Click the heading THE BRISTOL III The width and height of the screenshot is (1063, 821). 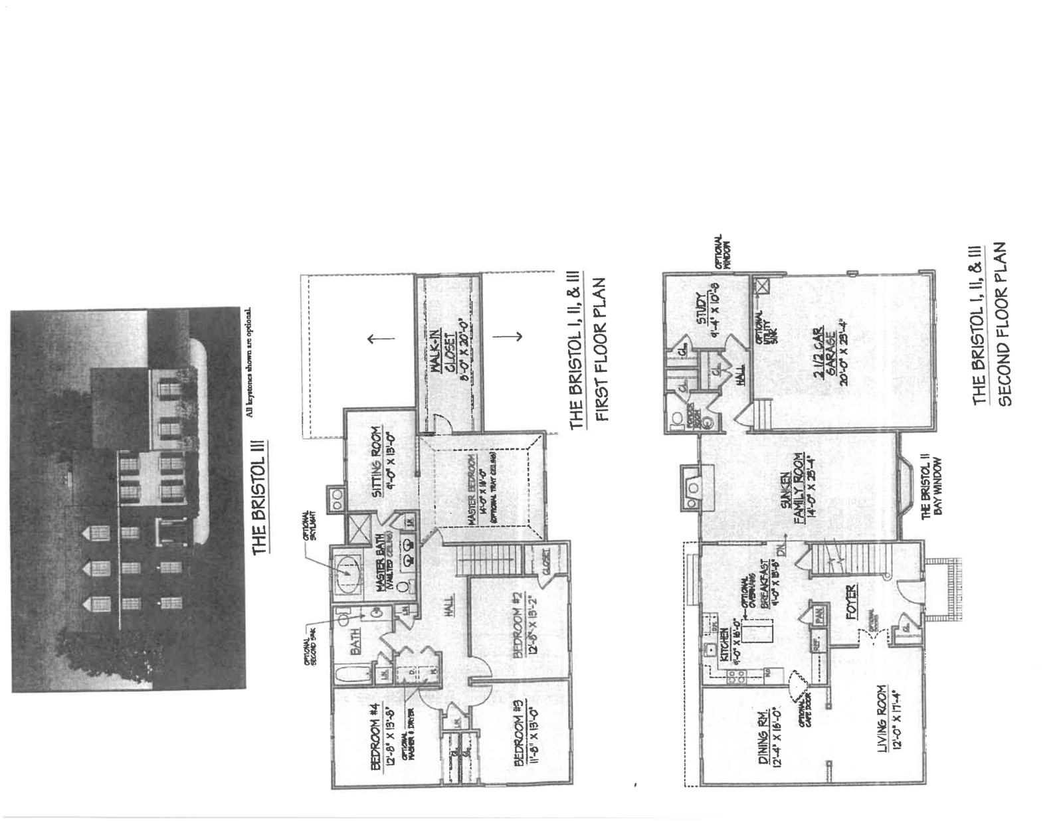[259, 496]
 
